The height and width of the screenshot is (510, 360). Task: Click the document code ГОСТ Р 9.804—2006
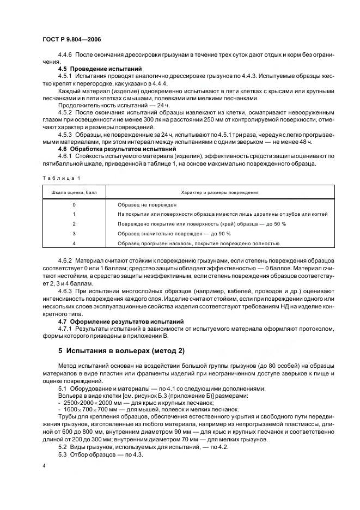(x=71, y=40)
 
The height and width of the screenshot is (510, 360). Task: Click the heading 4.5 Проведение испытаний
(x=100, y=69)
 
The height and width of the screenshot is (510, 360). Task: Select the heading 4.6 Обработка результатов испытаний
(x=117, y=149)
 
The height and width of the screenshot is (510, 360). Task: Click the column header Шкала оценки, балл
(x=74, y=192)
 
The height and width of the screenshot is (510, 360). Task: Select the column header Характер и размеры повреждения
(x=219, y=192)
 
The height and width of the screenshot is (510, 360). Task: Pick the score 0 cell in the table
(x=74, y=204)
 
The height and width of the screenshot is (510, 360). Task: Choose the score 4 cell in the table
(x=74, y=243)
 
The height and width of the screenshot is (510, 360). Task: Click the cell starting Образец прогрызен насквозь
(x=198, y=243)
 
